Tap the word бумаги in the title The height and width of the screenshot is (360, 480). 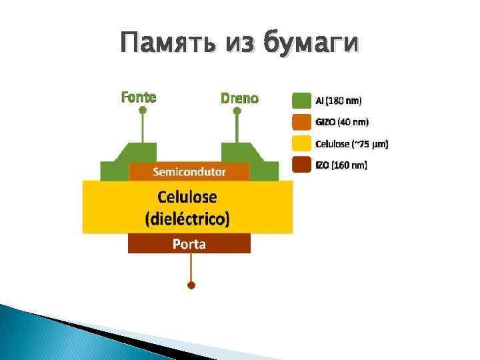tap(311, 44)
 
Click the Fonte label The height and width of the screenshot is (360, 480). tap(139, 97)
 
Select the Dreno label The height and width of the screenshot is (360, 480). tap(239, 98)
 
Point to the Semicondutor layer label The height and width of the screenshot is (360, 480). tap(189, 172)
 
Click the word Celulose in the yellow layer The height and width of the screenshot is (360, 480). tap(187, 197)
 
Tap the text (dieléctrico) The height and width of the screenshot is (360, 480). tap(187, 218)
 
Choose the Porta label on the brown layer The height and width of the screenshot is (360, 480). tap(189, 244)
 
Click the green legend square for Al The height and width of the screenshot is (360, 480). tap(302, 101)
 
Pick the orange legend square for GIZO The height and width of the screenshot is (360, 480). tap(302, 122)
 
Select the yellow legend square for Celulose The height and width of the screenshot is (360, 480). tap(302, 143)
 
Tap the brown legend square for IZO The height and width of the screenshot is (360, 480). tap(302, 165)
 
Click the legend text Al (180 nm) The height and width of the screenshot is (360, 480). tap(339, 101)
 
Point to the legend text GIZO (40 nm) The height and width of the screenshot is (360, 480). tap(341, 122)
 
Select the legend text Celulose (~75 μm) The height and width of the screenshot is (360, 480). tap(351, 143)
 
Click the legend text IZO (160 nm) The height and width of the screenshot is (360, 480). tap(341, 165)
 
